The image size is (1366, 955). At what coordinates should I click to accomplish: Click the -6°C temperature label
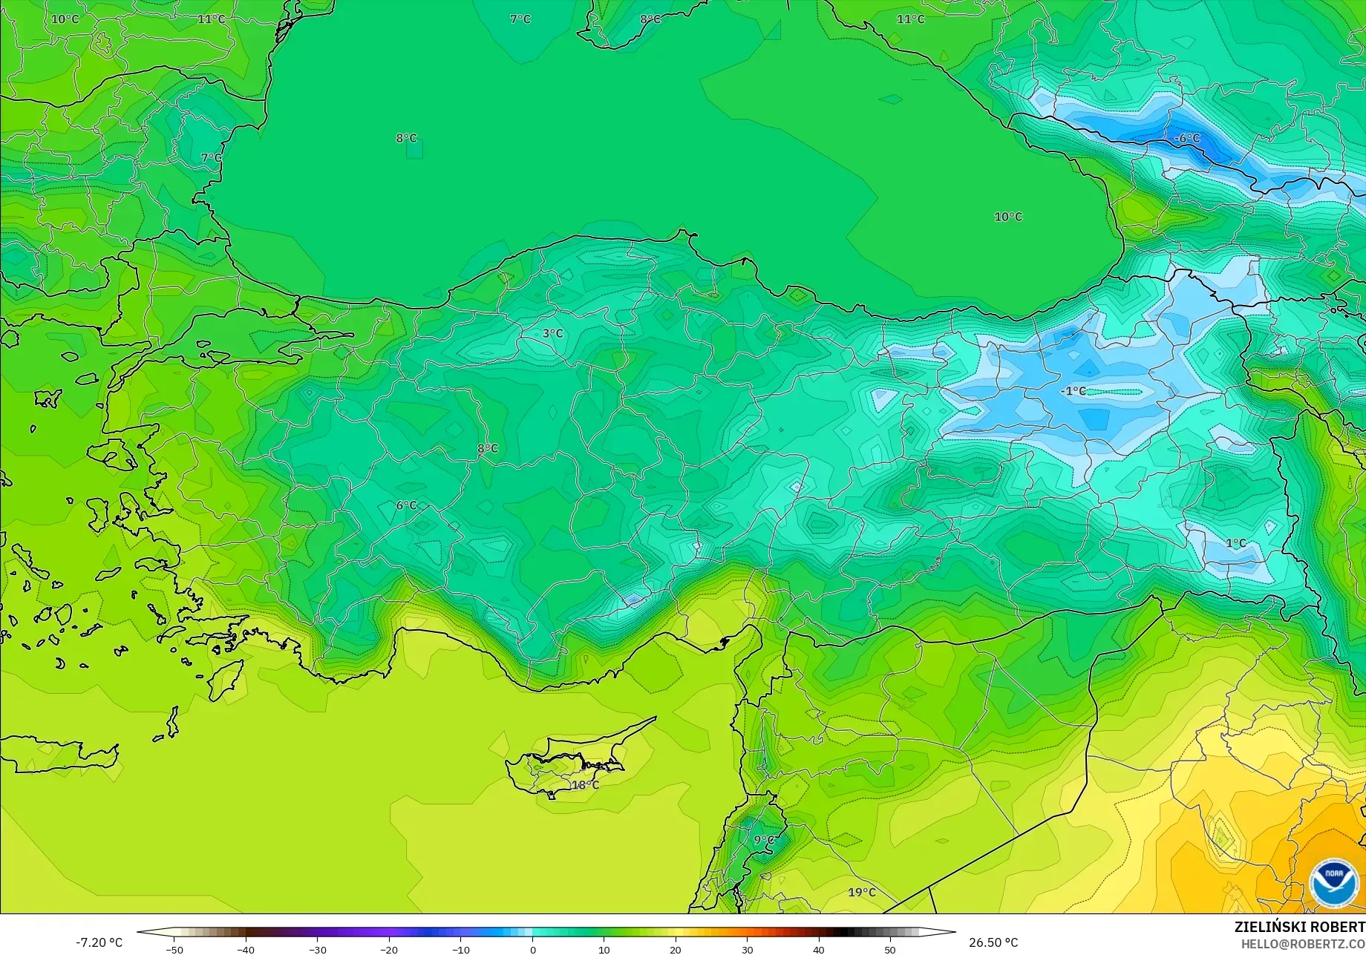1186,138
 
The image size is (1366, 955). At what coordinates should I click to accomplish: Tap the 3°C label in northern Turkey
552,333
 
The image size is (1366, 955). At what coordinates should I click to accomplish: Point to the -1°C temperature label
1073,391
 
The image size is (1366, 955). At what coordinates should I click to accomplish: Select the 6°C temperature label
406,505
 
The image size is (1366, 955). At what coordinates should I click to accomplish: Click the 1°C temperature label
1236,543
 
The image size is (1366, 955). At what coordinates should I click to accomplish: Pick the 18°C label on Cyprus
585,785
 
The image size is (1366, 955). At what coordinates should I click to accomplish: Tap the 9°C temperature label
764,840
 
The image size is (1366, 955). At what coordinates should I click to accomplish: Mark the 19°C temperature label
862,892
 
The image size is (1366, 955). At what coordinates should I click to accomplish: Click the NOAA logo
1334,883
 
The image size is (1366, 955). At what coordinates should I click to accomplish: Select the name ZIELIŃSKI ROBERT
1299,927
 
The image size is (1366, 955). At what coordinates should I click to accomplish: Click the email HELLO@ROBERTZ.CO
1303,943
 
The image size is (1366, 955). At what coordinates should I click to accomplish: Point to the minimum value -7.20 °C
99,942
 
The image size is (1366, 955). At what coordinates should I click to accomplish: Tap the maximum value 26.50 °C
993,942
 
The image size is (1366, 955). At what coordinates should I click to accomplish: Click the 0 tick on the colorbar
532,950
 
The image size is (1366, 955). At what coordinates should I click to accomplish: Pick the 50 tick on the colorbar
890,950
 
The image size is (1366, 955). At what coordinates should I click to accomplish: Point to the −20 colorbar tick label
389,950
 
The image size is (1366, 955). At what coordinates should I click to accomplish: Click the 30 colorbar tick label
747,950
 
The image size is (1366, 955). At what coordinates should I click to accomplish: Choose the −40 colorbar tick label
246,950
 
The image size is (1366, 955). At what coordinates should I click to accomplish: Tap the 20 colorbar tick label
676,950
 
